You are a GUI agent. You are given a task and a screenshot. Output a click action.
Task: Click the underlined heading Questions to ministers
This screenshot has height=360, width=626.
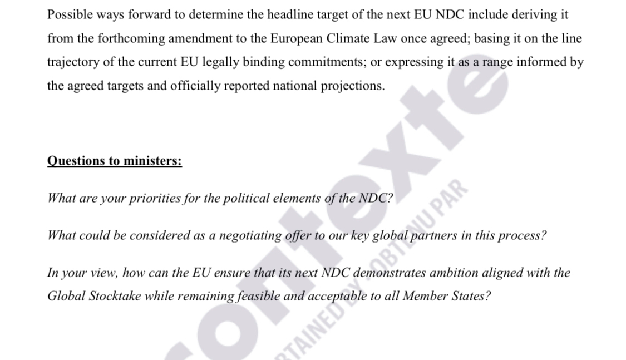coord(115,161)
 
